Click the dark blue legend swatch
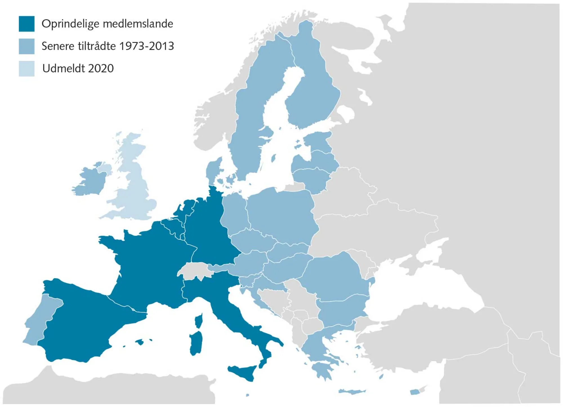click(x=27, y=24)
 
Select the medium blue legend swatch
click(x=27, y=46)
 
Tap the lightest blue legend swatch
click(x=27, y=68)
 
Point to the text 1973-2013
click(x=147, y=46)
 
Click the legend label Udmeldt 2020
click(x=78, y=68)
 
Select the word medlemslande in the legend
click(x=138, y=24)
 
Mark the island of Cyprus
click(x=415, y=392)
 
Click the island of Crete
click(x=352, y=392)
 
